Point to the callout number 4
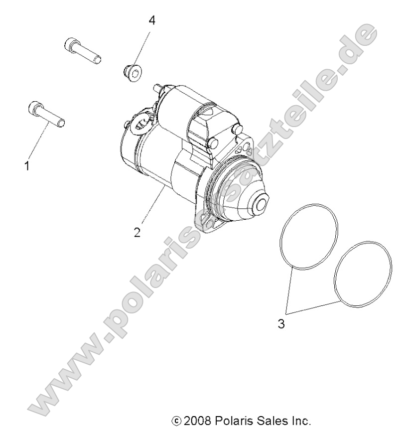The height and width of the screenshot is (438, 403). click(152, 20)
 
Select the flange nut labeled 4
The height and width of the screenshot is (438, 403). click(131, 72)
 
